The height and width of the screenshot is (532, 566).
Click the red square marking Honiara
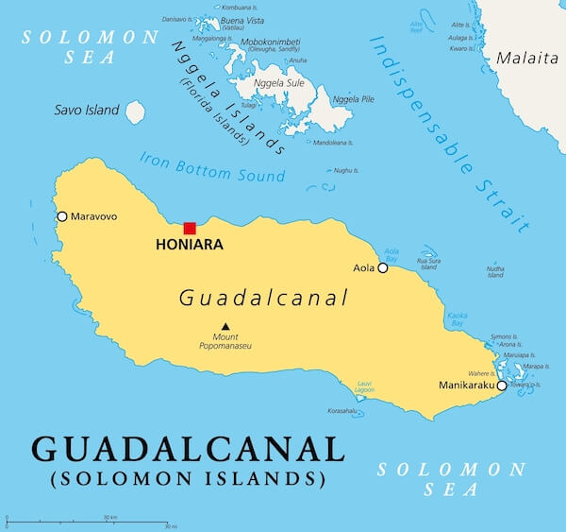190,228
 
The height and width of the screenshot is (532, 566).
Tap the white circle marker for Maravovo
62,216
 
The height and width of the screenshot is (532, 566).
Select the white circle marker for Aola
383,267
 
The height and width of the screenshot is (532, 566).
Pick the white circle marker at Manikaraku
502,385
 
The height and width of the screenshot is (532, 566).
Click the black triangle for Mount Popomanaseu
225,327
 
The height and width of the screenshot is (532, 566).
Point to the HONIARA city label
189,245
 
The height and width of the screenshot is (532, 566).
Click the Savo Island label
87,111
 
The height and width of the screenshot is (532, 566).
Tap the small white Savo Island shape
136,112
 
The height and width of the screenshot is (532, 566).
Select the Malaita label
528,59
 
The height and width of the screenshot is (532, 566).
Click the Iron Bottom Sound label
212,168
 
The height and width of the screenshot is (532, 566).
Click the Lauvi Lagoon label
364,386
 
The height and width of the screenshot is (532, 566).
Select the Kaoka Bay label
457,319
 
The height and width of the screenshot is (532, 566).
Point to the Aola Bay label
391,254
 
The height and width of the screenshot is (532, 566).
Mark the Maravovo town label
94,216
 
